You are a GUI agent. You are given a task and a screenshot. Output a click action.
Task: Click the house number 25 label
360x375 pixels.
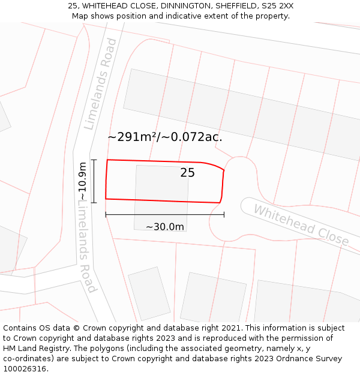pos(187,173)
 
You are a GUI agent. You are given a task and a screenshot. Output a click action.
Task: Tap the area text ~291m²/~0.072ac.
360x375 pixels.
pos(165,137)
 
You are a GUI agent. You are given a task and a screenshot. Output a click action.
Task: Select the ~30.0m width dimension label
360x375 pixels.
pos(165,227)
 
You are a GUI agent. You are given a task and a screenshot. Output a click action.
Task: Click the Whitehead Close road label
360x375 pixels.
pos(301,224)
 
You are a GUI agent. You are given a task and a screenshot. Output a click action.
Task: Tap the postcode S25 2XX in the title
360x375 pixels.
pos(278,6)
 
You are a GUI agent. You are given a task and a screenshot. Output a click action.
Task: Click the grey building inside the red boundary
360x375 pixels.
pos(161,189)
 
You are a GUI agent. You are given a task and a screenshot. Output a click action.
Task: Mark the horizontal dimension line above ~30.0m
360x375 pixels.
pos(165,214)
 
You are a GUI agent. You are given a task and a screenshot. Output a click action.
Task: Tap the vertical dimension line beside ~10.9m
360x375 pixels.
pos(94,181)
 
